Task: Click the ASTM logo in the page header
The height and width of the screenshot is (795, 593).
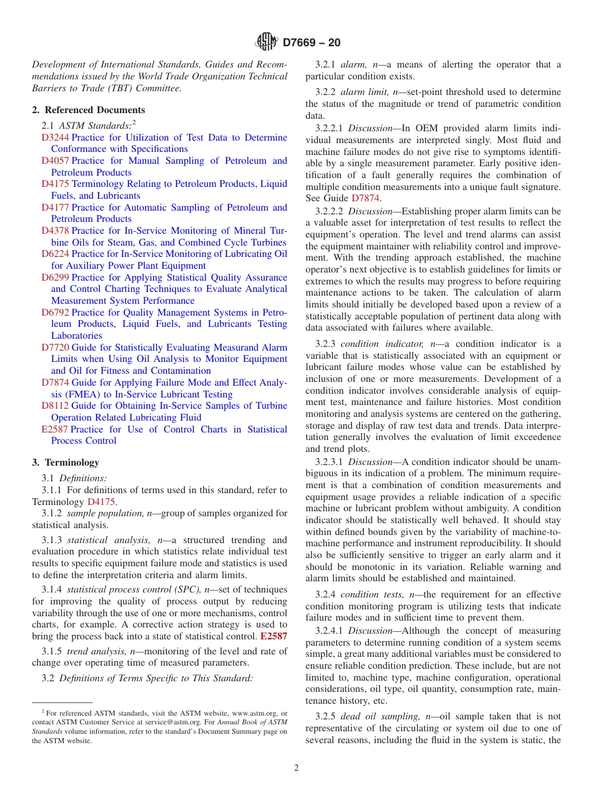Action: coord(267,42)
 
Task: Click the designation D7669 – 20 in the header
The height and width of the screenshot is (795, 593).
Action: coord(311,43)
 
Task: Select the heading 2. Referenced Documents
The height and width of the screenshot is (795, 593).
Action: coord(89,110)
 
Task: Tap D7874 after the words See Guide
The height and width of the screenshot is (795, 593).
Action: coord(365,198)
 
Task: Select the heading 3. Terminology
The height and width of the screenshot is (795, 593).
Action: coord(66,462)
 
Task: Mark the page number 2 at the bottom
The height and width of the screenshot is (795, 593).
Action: coord(296,768)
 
